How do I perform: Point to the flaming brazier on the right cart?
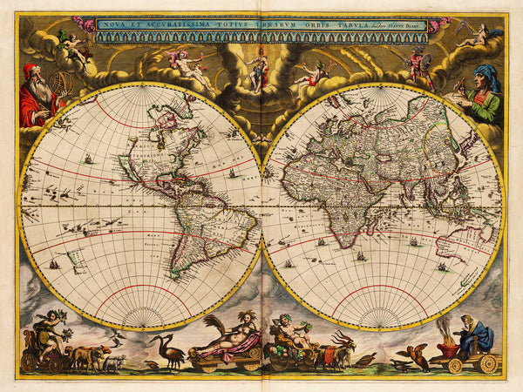coord(451,335)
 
